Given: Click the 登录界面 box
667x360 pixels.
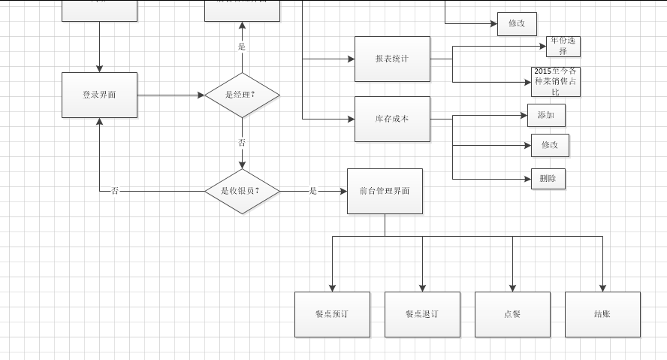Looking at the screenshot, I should [x=99, y=95].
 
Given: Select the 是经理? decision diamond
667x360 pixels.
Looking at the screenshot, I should [x=242, y=95].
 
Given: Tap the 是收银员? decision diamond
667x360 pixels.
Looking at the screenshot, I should [x=242, y=191].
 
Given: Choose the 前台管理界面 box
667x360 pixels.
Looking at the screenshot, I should [x=385, y=191].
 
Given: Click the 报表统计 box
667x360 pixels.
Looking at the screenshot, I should [x=392, y=59].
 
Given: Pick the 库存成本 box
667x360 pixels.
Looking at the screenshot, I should [x=392, y=119].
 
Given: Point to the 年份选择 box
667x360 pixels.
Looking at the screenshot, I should [x=563, y=47].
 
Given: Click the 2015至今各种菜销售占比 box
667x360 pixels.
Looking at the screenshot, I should [x=556, y=81].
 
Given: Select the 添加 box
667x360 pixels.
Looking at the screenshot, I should [x=546, y=115].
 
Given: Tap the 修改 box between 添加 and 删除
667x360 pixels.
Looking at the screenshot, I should [x=550, y=145].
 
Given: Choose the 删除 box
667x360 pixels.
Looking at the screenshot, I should [x=548, y=178].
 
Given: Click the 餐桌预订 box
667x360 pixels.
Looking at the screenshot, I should [x=332, y=314].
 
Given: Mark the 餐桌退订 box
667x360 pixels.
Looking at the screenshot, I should [x=422, y=314].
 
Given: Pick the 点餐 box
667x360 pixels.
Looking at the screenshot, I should [x=512, y=314].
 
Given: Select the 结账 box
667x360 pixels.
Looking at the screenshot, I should [x=602, y=314].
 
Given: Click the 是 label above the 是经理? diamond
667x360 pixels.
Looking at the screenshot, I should [x=242, y=47].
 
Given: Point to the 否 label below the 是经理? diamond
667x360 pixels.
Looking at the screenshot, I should [x=242, y=143].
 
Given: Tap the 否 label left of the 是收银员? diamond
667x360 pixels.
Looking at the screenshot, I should [x=115, y=191].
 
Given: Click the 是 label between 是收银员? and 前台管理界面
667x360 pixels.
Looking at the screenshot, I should [x=313, y=191].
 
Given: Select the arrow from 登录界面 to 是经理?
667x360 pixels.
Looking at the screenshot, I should [x=171, y=95].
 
